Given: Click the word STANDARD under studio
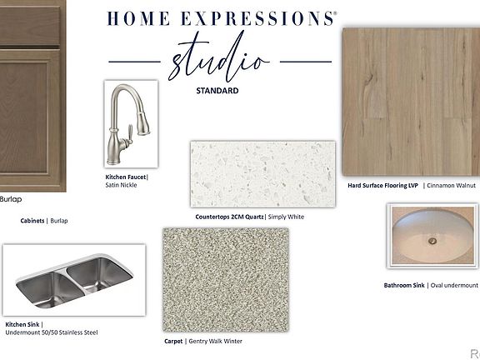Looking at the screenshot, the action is pos(217,91).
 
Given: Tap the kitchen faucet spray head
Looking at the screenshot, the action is pos(143,122).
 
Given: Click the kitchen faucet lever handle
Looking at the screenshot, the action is pos(129,134).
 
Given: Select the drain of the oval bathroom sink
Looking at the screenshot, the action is pos(432,241).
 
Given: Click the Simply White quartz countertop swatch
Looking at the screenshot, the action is pos(262,174).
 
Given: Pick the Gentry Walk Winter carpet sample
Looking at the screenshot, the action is pos(226,280).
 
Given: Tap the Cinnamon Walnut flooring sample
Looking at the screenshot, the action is pos(411,102).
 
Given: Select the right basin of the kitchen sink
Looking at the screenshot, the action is pos(98,274).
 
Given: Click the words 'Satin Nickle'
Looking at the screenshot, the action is pos(121,185).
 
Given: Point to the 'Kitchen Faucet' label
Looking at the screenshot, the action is pos(126,177).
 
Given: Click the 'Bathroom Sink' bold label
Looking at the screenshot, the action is pos(404,285).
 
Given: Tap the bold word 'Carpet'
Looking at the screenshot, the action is pos(173,342).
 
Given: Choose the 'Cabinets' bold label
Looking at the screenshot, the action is pos(32,221).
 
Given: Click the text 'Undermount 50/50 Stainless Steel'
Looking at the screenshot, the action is pos(52,332).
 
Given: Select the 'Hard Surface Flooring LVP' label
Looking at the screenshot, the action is pos(383,186).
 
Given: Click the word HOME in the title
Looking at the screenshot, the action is pos(138,18).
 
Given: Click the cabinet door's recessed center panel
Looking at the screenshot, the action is pos(23,117).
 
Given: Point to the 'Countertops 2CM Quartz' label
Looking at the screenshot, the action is pos(229,217).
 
